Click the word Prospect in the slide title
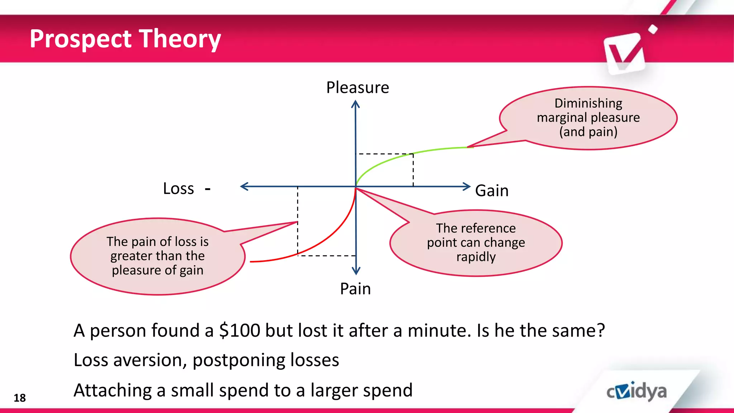(81, 39)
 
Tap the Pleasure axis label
(357, 87)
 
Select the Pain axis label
(355, 289)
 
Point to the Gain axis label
(491, 190)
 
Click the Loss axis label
(178, 189)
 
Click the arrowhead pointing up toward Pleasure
(355, 104)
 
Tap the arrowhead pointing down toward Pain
(356, 270)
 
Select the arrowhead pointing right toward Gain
(466, 186)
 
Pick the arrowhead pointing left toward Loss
(244, 186)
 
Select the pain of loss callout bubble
(158, 256)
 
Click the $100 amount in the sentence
(240, 330)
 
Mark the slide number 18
(20, 398)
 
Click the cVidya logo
(637, 391)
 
